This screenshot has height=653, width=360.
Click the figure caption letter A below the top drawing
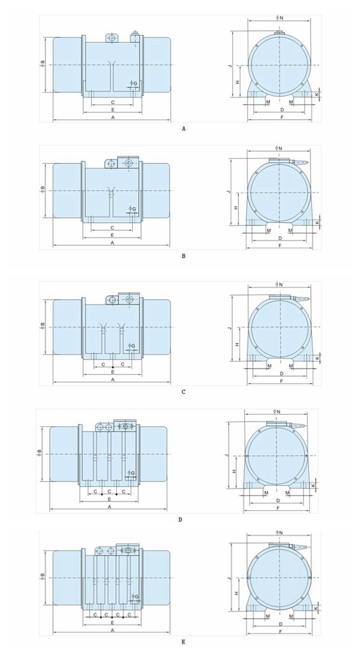[x=184, y=129]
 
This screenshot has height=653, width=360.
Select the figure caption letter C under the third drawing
[x=184, y=392]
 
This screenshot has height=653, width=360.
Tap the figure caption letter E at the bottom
[x=184, y=642]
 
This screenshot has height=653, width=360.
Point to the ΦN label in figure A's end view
[x=279, y=18]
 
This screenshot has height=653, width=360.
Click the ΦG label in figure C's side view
[x=132, y=346]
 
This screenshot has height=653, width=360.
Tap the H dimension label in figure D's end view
[x=234, y=471]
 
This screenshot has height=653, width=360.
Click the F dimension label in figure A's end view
[x=282, y=118]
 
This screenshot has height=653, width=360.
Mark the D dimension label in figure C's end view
[x=282, y=374]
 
